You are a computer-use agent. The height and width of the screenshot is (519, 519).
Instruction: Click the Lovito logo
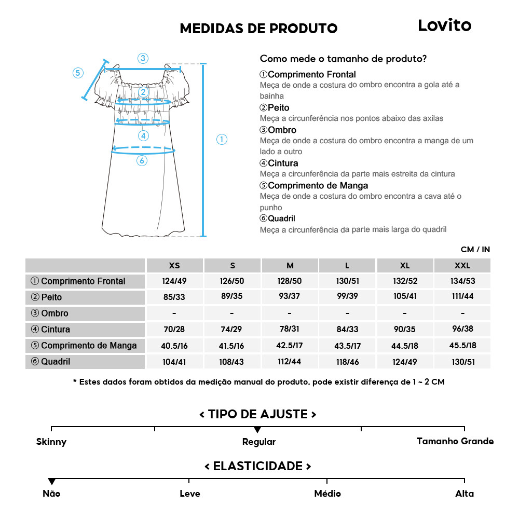point(445,25)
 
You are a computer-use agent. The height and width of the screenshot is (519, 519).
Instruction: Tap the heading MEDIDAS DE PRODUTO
point(258,29)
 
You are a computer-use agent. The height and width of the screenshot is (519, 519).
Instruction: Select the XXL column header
point(462,266)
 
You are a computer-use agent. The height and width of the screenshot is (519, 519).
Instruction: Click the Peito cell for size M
point(290,297)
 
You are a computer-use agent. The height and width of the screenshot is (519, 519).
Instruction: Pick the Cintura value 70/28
point(174,330)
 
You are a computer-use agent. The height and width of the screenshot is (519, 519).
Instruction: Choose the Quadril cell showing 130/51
point(462,362)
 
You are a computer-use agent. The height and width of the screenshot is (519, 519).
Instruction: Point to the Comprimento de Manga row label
point(84,346)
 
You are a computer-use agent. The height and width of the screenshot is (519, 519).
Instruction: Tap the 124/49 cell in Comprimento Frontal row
point(174,281)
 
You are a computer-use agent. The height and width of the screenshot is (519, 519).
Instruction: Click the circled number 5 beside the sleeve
point(78,73)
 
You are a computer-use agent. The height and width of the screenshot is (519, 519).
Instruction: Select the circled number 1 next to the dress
point(222,139)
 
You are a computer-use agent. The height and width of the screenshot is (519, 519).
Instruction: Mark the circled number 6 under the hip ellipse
point(142,161)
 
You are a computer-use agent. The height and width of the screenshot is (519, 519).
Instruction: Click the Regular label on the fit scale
point(258,442)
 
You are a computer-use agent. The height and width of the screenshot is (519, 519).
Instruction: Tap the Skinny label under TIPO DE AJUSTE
point(51,442)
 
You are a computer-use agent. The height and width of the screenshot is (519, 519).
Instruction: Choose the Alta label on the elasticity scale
point(464,494)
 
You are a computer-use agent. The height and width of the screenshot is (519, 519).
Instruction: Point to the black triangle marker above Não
point(51,482)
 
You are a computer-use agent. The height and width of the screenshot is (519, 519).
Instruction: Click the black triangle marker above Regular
point(257,430)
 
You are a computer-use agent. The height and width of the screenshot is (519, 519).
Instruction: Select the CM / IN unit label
point(475,250)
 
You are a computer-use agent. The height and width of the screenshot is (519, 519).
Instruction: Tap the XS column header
point(174,266)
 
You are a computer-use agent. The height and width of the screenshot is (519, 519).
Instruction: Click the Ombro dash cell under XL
point(405,313)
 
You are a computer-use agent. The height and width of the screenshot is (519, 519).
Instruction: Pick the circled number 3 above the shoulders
point(143,58)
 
